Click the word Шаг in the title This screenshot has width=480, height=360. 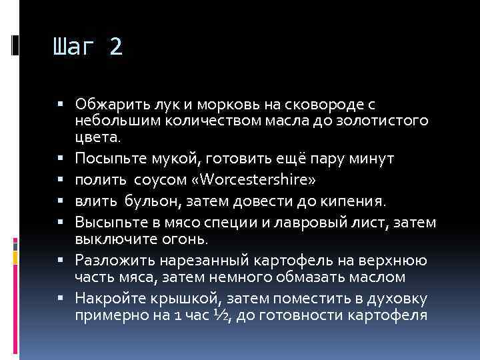click(x=75, y=47)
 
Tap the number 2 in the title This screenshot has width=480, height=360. click(x=116, y=47)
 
